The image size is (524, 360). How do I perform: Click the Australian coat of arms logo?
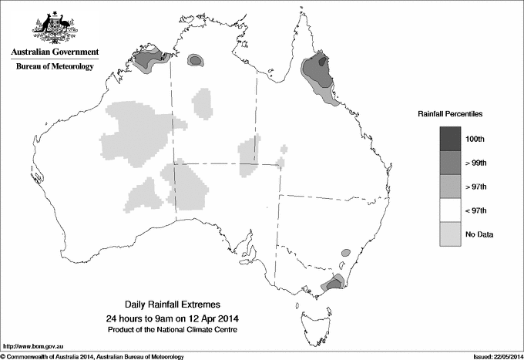[55, 28]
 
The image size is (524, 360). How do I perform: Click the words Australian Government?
[55, 52]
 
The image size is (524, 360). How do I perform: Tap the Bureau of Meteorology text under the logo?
[55, 66]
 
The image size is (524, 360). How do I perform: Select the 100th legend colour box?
[451, 138]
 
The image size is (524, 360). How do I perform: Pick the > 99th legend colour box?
[451, 162]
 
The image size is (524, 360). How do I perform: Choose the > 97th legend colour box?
[451, 186]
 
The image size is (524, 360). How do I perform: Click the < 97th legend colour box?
[451, 210]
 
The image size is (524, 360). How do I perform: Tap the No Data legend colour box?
[451, 234]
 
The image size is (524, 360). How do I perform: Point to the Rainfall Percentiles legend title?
[450, 113]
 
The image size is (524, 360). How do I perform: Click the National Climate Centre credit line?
[173, 329]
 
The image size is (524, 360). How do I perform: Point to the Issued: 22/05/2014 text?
[492, 355]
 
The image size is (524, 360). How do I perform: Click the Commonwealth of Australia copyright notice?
[92, 355]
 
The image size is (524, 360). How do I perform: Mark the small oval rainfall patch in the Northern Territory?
[196, 59]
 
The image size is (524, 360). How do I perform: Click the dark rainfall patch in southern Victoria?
[334, 284]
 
